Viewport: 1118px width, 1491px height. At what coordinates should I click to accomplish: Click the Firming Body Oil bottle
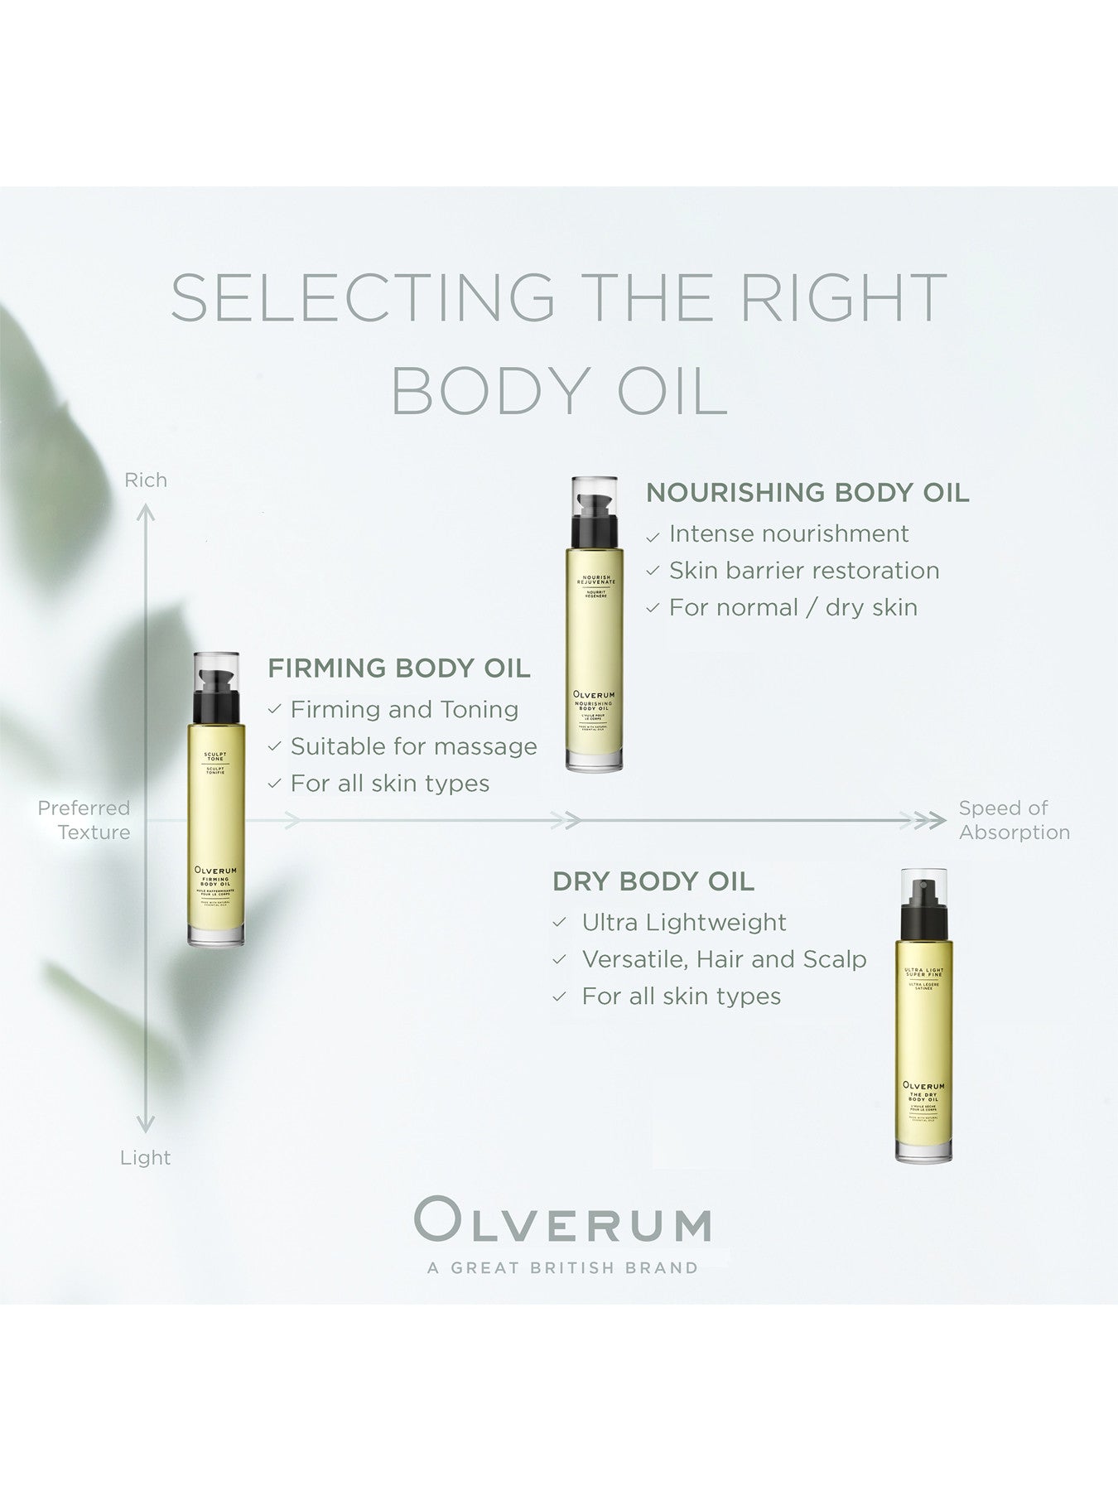point(216,799)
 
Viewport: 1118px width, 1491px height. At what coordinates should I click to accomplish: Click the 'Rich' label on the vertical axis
point(146,480)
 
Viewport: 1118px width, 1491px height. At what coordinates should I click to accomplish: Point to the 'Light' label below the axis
point(146,1157)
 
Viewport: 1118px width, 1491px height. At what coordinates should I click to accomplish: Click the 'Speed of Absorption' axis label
point(1014,820)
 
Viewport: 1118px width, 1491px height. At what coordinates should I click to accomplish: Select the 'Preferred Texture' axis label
point(84,820)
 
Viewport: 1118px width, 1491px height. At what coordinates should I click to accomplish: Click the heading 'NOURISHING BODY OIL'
point(807,492)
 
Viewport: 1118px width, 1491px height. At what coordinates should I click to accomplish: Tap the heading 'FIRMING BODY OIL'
point(399,668)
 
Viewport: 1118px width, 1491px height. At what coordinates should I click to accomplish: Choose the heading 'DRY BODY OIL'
point(653,881)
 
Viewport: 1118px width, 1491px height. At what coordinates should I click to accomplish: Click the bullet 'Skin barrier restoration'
point(804,571)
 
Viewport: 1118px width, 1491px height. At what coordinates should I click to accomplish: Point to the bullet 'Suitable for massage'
point(413,746)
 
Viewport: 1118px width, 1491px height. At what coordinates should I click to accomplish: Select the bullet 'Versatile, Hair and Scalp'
point(724,959)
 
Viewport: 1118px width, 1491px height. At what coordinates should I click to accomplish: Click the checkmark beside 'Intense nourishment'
point(653,537)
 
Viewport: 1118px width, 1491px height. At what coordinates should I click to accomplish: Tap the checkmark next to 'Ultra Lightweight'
point(561,924)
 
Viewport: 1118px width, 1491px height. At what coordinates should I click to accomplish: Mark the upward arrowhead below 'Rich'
point(146,514)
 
